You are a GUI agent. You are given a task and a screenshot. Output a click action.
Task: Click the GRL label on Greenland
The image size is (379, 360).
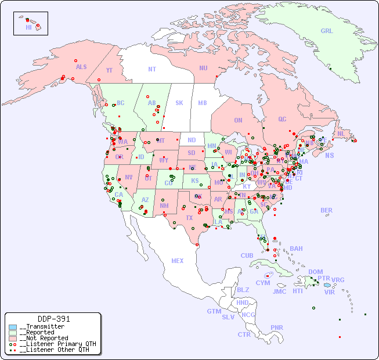tap(327, 31)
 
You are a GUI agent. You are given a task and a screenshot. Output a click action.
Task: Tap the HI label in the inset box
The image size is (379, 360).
tap(28, 27)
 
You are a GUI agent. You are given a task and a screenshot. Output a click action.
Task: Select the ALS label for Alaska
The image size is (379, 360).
tap(81, 67)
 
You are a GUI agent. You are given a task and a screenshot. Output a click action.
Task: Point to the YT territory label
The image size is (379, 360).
tap(109, 70)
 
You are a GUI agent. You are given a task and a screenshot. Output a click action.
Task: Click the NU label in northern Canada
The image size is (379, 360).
tap(203, 68)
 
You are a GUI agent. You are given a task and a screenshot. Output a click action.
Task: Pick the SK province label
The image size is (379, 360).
tap(179, 103)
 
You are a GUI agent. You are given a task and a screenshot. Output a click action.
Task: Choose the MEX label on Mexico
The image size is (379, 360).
tap(177, 261)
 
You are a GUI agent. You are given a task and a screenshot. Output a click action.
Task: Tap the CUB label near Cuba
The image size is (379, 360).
tap(247, 255)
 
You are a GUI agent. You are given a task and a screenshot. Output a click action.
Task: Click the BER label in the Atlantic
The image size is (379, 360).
tap(326, 210)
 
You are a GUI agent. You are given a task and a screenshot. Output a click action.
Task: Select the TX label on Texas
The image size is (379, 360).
tap(189, 218)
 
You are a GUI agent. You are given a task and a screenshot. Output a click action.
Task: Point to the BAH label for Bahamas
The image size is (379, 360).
tap(296, 249)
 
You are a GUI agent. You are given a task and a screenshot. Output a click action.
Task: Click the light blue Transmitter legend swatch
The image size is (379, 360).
tap(13, 327)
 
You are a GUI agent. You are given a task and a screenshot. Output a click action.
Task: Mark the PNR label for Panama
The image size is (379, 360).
tap(277, 327)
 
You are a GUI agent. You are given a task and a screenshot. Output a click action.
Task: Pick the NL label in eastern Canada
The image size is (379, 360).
tap(341, 133)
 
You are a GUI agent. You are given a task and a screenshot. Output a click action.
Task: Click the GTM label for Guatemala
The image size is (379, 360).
tap(214, 311)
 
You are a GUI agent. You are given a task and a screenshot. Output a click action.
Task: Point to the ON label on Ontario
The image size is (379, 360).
tap(238, 120)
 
